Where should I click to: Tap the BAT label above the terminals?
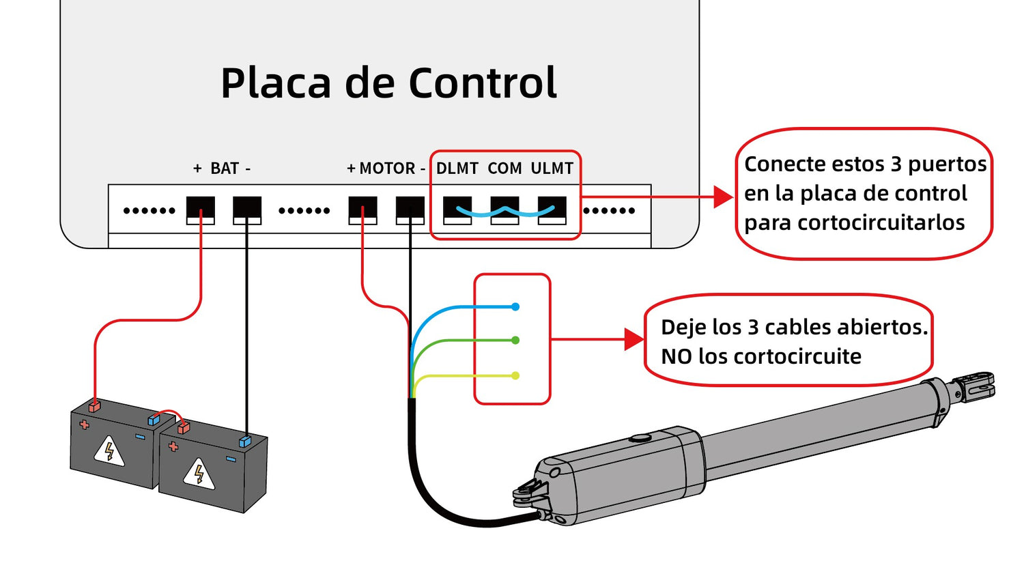pyautogui.click(x=224, y=168)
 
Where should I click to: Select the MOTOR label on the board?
pyautogui.click(x=387, y=168)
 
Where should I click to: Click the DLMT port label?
pyautogui.click(x=457, y=168)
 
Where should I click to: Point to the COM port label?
pyautogui.click(x=504, y=168)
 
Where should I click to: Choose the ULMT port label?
pyautogui.click(x=552, y=168)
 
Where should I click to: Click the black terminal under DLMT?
pyautogui.click(x=457, y=207)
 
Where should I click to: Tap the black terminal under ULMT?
pyautogui.click(x=552, y=207)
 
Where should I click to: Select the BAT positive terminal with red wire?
pyautogui.click(x=201, y=207)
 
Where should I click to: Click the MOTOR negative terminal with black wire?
pyautogui.click(x=410, y=207)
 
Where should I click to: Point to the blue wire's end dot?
pyautogui.click(x=515, y=307)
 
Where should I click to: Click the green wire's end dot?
pyautogui.click(x=515, y=340)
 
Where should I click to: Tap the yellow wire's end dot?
pyautogui.click(x=515, y=375)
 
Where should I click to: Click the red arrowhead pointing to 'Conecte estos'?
pyautogui.click(x=723, y=197)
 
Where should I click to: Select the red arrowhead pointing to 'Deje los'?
pyautogui.click(x=634, y=339)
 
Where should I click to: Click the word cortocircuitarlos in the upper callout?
pyautogui.click(x=854, y=223)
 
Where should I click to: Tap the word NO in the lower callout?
pyautogui.click(x=676, y=356)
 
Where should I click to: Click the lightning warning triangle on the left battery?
pyautogui.click(x=109, y=450)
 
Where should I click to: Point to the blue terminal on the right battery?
pyautogui.click(x=245, y=442)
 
